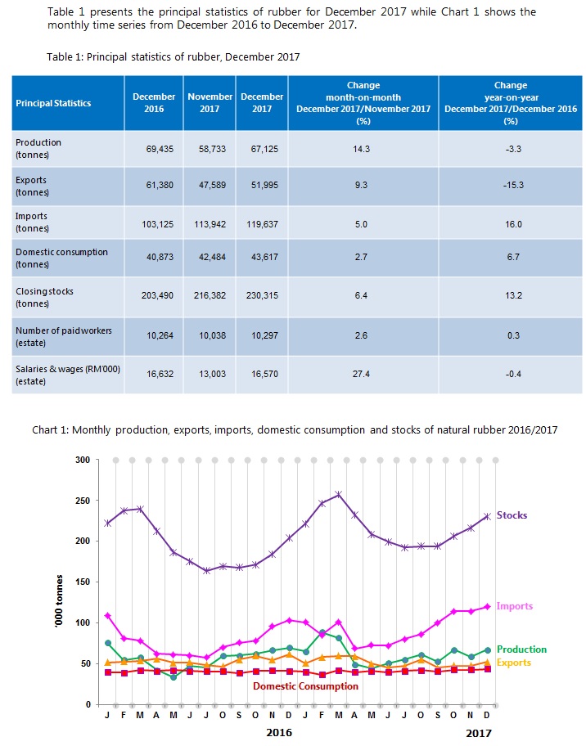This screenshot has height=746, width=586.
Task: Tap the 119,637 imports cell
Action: coord(261,223)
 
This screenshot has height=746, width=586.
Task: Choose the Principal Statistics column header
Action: coord(53,103)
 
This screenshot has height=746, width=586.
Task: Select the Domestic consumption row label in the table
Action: coord(61,258)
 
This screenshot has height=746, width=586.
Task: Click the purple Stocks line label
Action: coord(512,515)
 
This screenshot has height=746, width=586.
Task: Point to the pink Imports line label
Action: coord(515,606)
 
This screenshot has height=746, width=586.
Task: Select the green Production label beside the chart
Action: coord(521,649)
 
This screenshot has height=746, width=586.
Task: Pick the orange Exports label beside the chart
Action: coord(514,662)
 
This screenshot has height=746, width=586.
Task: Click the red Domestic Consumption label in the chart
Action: coord(305,686)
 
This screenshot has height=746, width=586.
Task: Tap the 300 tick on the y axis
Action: coord(82,460)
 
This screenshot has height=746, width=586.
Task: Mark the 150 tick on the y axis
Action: coord(82,582)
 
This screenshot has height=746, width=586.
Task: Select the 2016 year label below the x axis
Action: coord(281,733)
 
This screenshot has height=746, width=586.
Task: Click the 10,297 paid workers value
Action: coord(261,335)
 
